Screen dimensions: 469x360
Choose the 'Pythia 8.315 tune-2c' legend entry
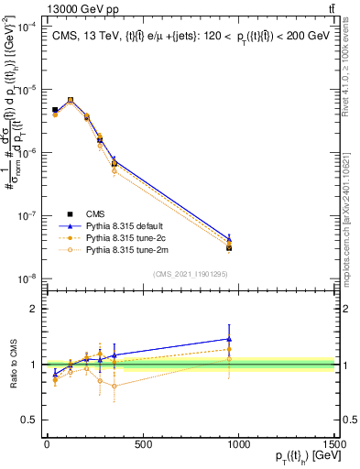pos(119,236)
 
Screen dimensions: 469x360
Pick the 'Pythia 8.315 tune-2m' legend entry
pos(119,248)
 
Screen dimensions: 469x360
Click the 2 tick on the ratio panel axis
pos(29,309)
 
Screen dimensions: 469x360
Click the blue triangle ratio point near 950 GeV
pos(229,339)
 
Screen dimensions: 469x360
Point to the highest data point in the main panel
pos(71,100)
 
